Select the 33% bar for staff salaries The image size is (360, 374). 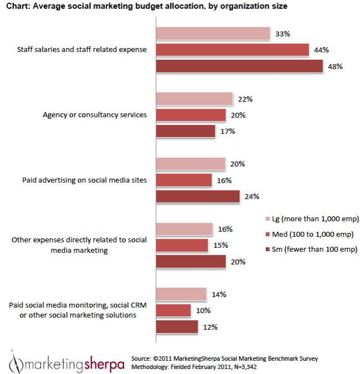213,34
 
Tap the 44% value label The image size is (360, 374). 321,50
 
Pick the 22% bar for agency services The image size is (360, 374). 194,99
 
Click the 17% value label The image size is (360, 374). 228,132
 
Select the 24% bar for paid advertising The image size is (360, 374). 198,196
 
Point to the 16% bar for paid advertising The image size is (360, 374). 184,180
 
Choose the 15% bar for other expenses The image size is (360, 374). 182,245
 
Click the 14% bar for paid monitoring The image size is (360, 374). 181,294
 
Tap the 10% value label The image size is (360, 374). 203,311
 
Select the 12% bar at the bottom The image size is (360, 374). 177,327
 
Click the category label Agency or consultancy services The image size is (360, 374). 95,115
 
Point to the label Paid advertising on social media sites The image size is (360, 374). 84,180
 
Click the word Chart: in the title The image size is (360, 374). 19,7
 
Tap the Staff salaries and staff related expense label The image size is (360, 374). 82,50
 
